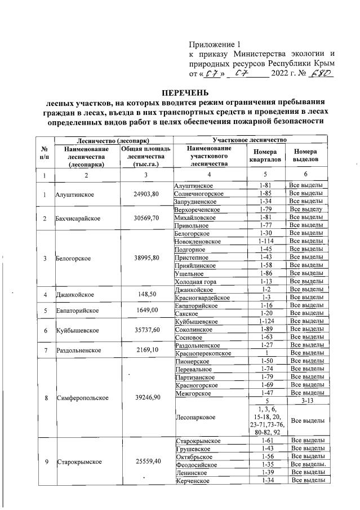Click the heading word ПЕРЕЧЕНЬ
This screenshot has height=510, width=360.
pos(185,92)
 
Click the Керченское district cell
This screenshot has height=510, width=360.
pos(193,480)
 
